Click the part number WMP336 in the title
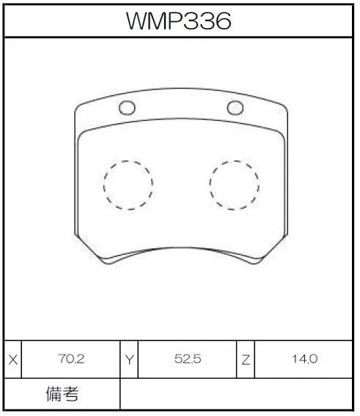pos(179,21)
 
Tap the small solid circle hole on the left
pos(128,108)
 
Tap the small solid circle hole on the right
pos(235,108)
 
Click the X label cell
pos(13,360)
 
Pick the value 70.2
pos(71,359)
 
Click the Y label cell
pos(129,360)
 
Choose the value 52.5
pos(188,359)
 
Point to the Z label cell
pos(246,360)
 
